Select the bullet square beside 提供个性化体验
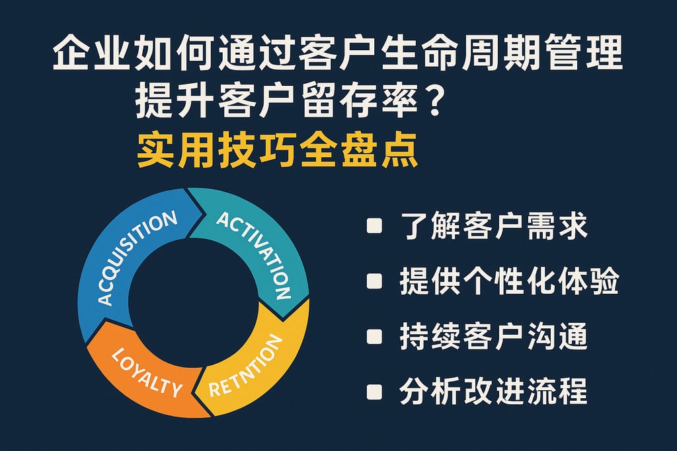374,282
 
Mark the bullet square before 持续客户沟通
374,337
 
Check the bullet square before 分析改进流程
374,391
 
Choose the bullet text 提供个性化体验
509,282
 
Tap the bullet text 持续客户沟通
493,337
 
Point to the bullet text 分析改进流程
493,391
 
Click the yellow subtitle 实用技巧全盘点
277,151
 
